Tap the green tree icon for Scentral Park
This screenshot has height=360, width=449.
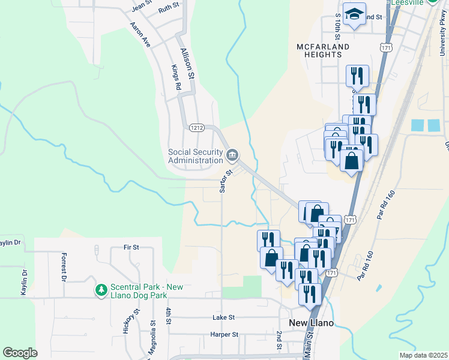coord(101,290)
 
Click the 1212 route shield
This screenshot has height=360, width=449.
coord(196,128)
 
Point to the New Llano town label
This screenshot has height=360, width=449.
coord(311,323)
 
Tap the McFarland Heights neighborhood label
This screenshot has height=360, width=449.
coord(319,50)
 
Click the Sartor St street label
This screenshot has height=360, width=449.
coord(222,181)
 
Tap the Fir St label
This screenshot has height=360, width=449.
coord(131,247)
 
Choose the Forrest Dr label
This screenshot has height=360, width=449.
coord(63,266)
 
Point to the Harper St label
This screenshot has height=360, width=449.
coord(224,334)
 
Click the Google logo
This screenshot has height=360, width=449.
coord(20,353)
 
